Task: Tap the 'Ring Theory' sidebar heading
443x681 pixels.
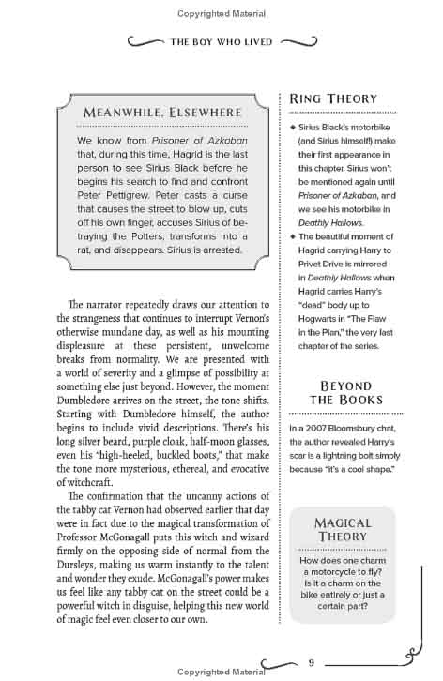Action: (x=333, y=98)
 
